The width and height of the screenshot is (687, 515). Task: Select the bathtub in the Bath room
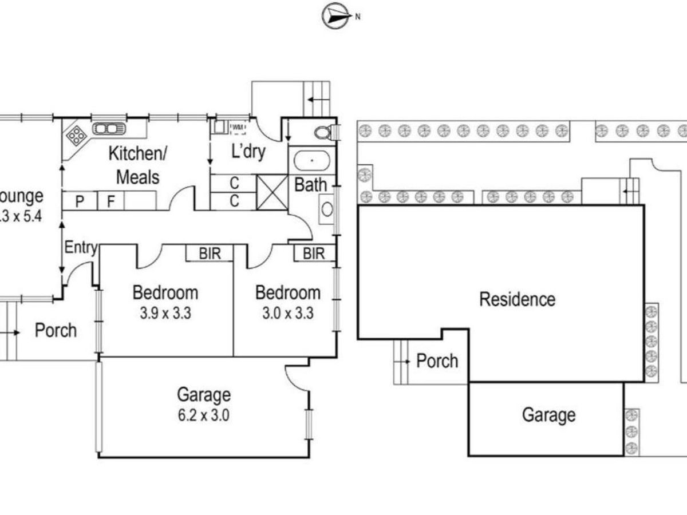[311, 160]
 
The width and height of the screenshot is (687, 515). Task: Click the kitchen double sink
[108, 129]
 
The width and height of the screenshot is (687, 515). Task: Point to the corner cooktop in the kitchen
[76, 136]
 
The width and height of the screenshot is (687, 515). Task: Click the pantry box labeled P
[80, 201]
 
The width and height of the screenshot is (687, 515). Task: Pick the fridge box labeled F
[111, 201]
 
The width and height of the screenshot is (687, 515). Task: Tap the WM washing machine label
[236, 126]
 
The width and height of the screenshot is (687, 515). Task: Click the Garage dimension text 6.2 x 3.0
[204, 415]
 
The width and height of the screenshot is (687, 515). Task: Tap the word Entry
[80, 248]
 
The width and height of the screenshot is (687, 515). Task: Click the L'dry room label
[248, 152]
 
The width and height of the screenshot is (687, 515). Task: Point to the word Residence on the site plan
[517, 299]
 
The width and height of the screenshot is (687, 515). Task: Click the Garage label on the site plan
[548, 415]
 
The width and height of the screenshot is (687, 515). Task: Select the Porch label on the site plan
[437, 361]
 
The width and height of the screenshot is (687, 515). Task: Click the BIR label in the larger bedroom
[210, 253]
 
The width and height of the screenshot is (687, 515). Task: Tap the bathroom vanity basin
[327, 208]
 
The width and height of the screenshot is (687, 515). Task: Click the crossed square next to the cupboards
[272, 192]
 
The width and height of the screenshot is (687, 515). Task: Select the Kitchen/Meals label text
[137, 165]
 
